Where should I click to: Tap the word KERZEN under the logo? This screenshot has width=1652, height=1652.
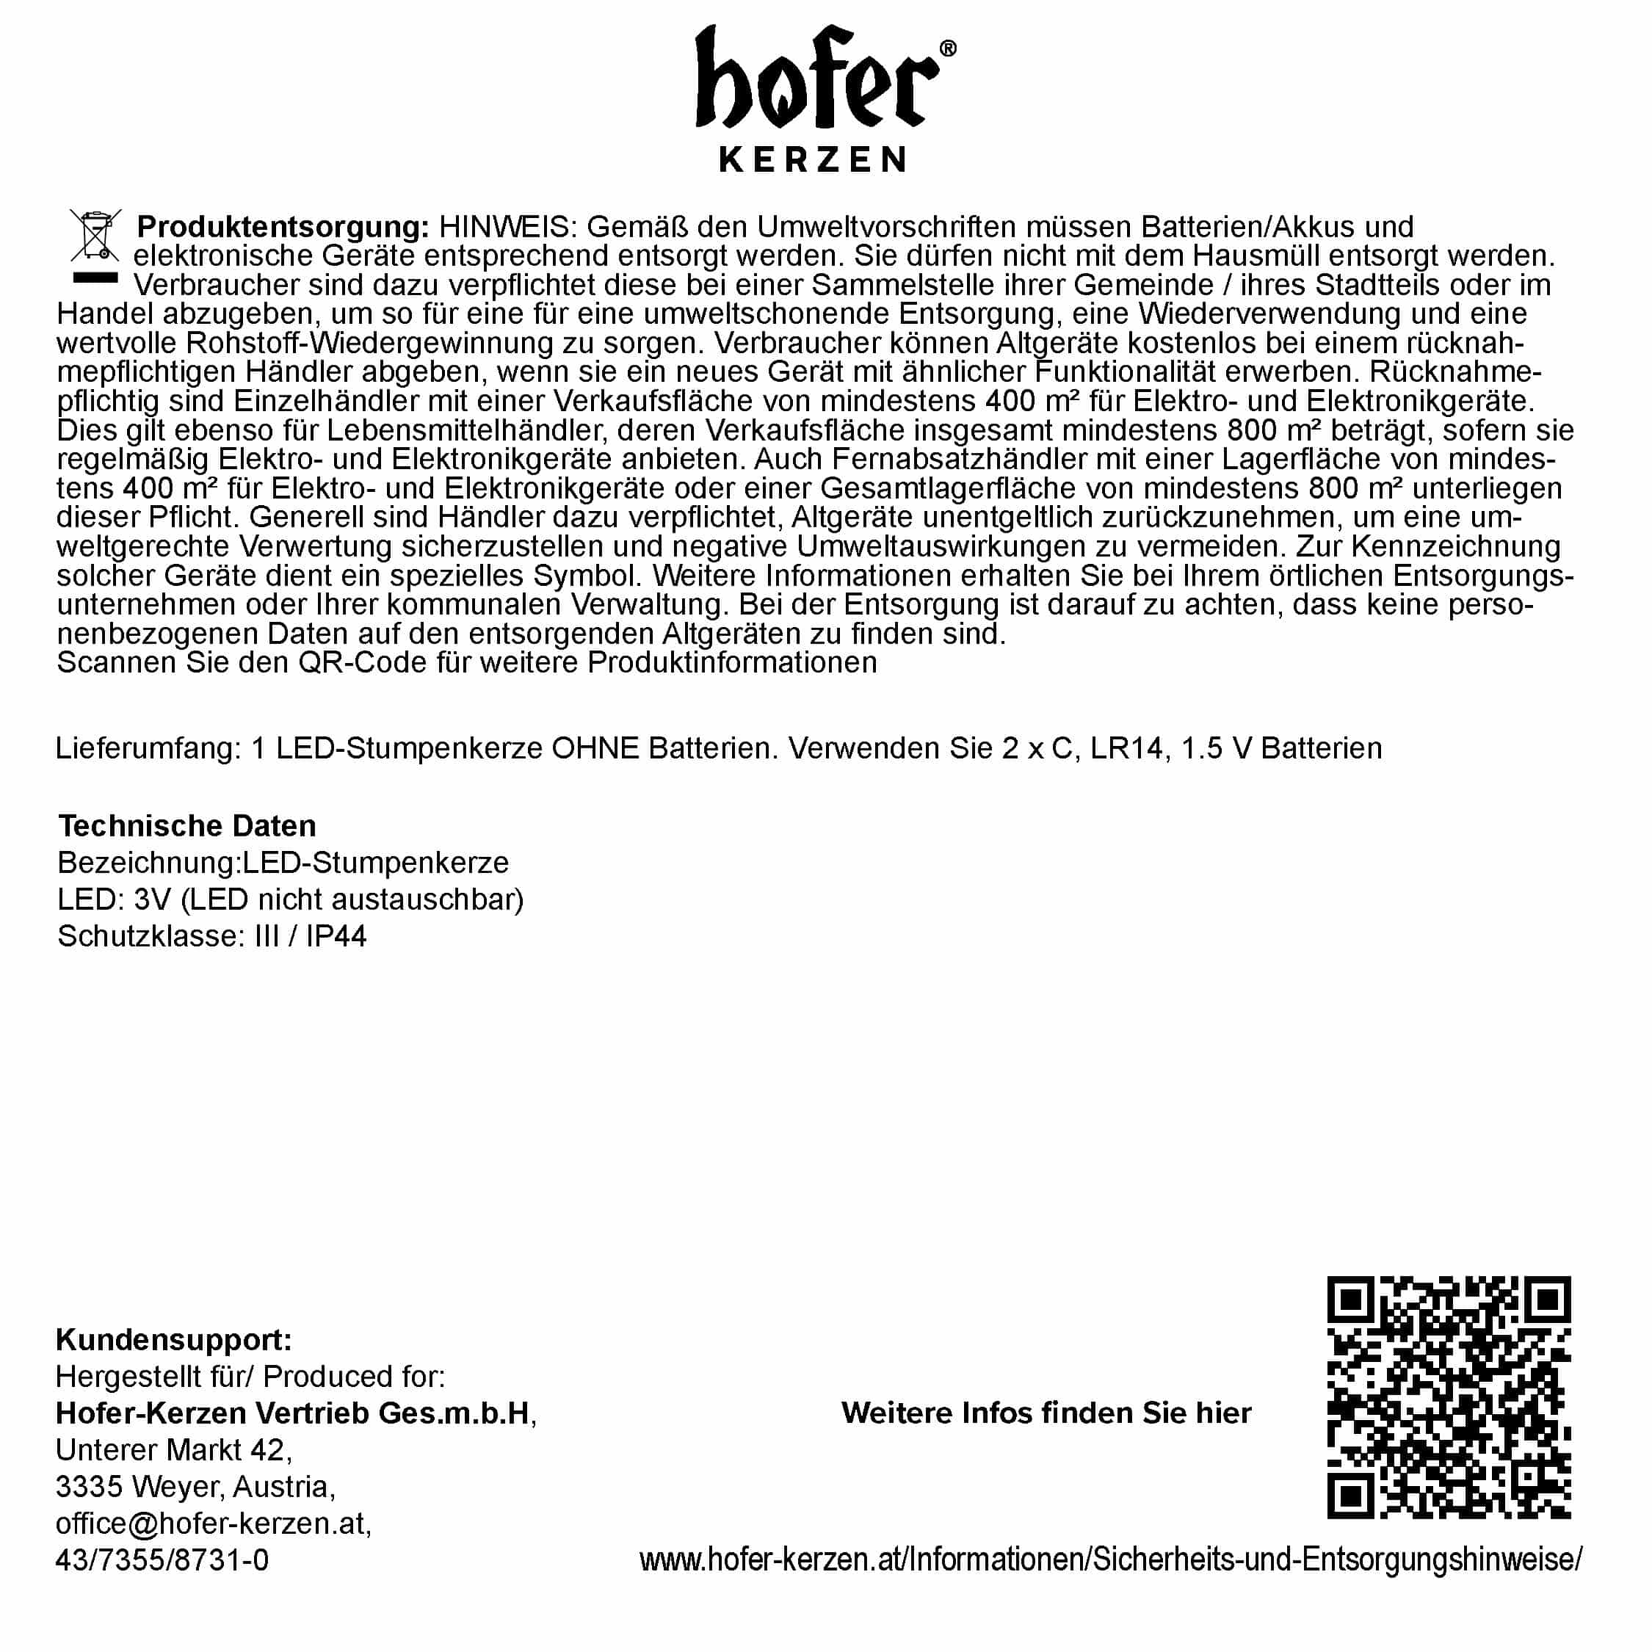click(x=812, y=160)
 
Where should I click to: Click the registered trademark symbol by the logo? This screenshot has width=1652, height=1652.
click(x=947, y=48)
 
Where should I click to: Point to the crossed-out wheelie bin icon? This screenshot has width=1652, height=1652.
click(x=95, y=236)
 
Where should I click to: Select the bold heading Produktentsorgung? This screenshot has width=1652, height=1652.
click(x=283, y=228)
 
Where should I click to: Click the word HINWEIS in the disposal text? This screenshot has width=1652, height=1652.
click(x=508, y=228)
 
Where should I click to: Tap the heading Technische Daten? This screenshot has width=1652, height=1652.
click(x=187, y=826)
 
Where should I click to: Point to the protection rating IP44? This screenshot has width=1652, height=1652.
click(x=336, y=936)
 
